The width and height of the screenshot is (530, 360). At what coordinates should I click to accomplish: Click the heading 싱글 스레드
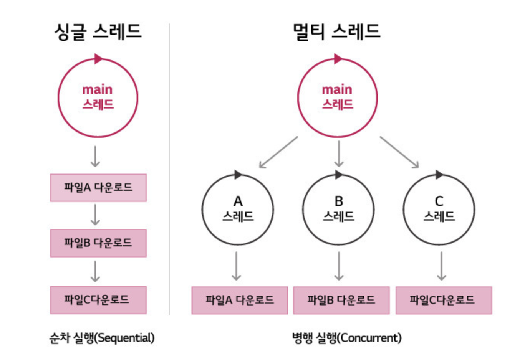[98, 31]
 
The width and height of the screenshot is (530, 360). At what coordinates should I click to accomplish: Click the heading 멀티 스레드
[337, 31]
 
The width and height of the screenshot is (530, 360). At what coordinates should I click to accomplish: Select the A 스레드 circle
[238, 210]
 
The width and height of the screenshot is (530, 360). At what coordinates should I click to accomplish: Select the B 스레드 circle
[338, 210]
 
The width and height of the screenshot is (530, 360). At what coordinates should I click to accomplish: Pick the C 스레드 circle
[439, 210]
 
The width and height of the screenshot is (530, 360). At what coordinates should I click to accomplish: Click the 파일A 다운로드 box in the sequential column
[98, 188]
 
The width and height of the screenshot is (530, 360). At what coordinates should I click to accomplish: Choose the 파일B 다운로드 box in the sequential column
[98, 243]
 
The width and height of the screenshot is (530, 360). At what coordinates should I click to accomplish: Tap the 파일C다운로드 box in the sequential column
[98, 300]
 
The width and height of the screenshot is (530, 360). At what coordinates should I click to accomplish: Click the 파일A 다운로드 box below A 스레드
[240, 300]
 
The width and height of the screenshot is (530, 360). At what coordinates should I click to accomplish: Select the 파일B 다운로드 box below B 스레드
[341, 300]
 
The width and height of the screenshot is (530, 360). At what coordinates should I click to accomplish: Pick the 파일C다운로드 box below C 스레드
[444, 300]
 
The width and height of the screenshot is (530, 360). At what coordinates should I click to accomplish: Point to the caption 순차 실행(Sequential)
[102, 338]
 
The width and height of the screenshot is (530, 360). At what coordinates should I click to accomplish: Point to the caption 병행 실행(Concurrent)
[347, 338]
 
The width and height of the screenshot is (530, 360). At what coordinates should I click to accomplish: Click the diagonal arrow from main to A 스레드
[278, 152]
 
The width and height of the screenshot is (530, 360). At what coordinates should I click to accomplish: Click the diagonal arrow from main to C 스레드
[399, 152]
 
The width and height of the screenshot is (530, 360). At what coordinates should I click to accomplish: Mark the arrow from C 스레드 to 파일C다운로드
[442, 266]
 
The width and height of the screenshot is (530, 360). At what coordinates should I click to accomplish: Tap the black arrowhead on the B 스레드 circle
[338, 175]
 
